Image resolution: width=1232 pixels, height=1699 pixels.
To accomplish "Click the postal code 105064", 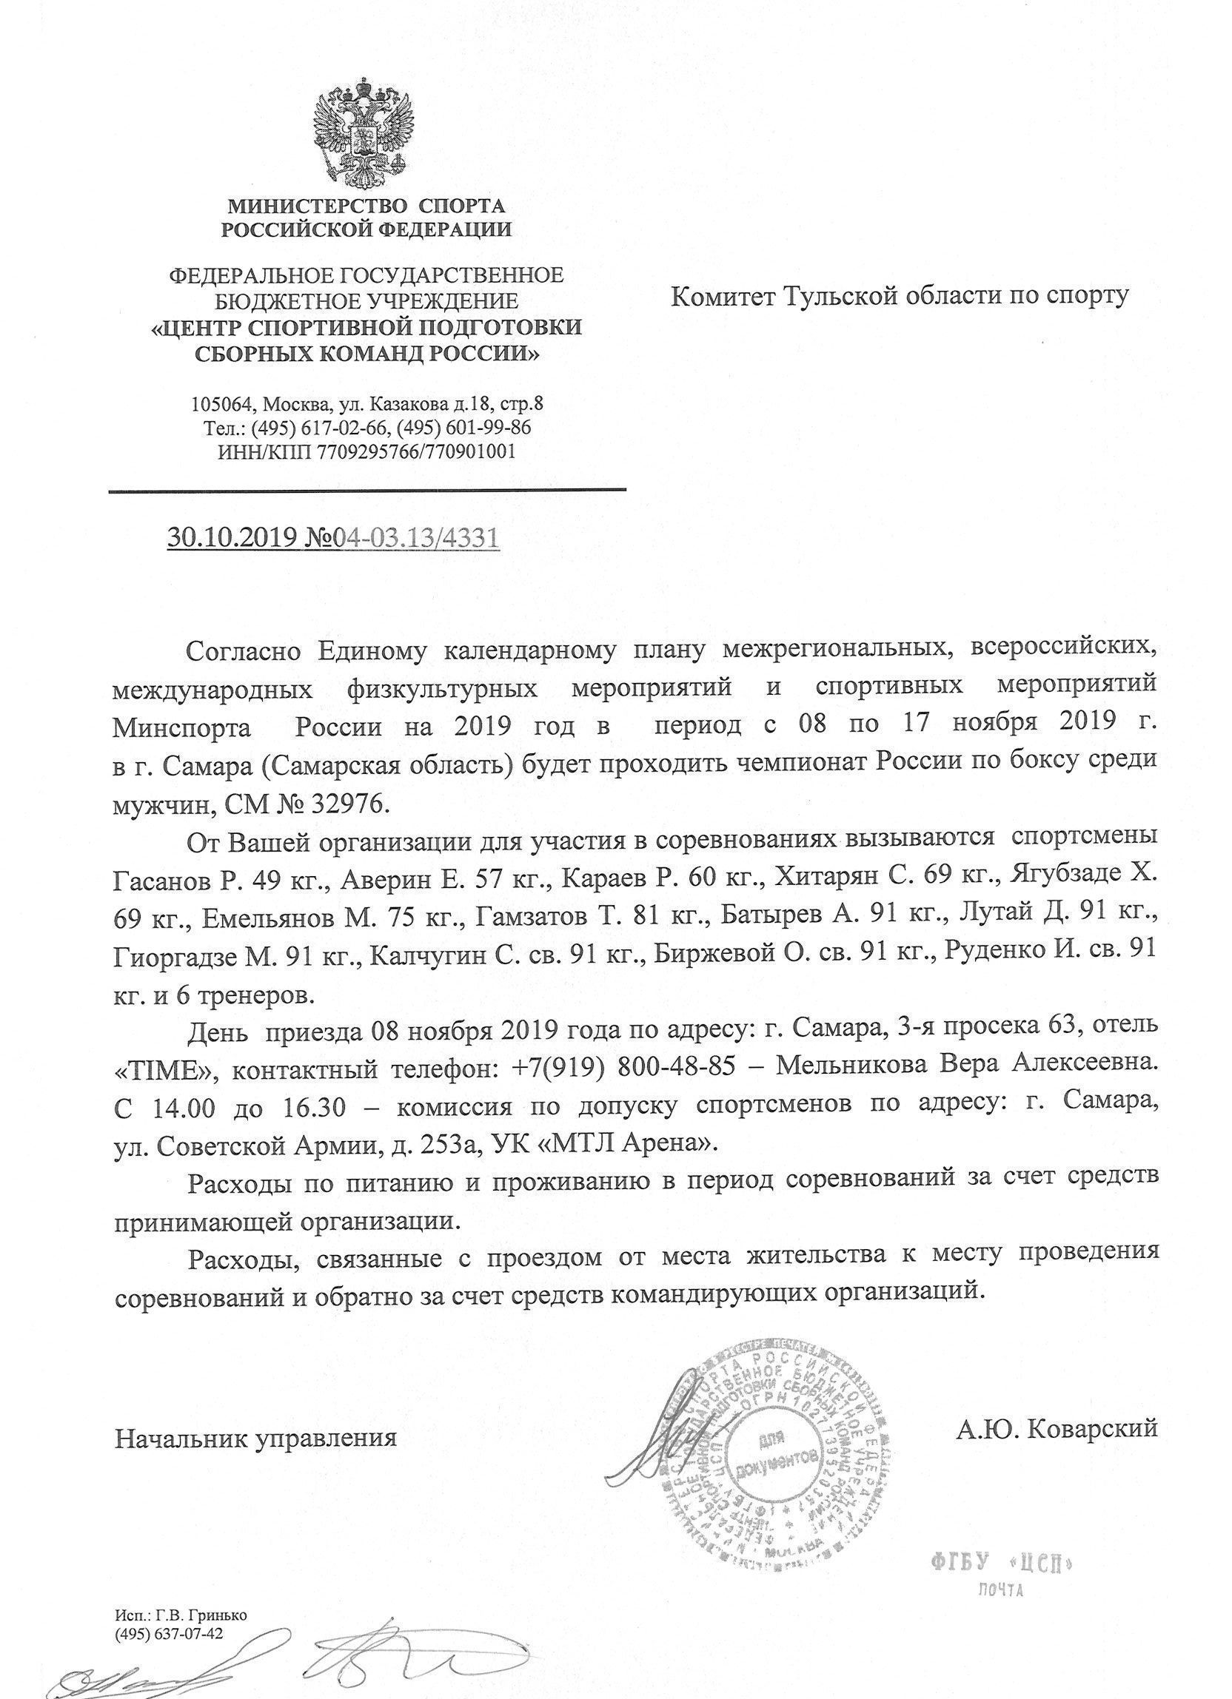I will [x=222, y=405].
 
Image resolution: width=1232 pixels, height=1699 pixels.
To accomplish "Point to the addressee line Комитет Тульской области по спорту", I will [x=899, y=297].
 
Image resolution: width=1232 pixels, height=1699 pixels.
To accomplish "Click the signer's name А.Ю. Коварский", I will [x=1057, y=1427].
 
